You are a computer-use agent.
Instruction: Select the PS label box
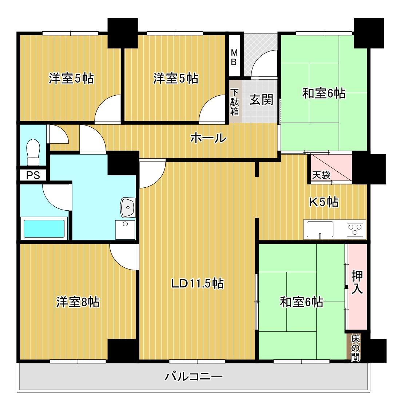pyautogui.click(x=33, y=175)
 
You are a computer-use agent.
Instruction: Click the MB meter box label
pyautogui.click(x=234, y=57)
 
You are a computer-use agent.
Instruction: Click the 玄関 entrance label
pyautogui.click(x=261, y=100)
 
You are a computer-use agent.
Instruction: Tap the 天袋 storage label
pyautogui.click(x=321, y=175)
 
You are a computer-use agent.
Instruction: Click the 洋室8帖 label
pyautogui.click(x=78, y=302)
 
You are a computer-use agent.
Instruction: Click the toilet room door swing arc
pyautogui.click(x=58, y=135)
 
